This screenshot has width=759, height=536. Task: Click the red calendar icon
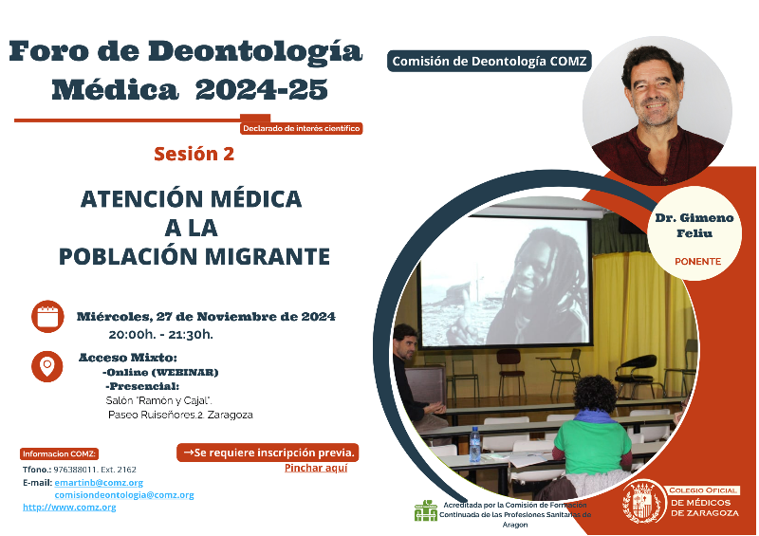[x=47, y=317]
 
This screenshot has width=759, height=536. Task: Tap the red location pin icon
[x=46, y=366]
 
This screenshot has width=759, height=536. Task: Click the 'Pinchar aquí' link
[x=316, y=468]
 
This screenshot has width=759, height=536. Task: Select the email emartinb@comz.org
[x=99, y=483]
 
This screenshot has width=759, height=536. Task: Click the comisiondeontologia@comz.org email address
[x=124, y=495]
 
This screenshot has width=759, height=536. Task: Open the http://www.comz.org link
[x=69, y=508]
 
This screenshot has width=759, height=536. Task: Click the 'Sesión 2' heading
[x=194, y=154]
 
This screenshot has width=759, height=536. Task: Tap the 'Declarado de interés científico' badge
[x=301, y=128]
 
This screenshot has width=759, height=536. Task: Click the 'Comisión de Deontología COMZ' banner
[x=489, y=61]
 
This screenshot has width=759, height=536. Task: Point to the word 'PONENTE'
[x=697, y=262]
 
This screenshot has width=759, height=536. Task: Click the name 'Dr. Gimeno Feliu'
[x=694, y=225]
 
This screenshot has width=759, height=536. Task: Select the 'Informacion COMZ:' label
[x=59, y=453]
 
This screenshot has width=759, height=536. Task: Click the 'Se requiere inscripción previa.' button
[x=268, y=453]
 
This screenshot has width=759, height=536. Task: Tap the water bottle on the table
[x=475, y=444]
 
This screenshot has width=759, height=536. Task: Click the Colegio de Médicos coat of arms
[x=643, y=501]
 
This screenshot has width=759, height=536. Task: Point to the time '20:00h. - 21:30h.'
[x=160, y=335]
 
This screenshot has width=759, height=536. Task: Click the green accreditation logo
[x=425, y=510]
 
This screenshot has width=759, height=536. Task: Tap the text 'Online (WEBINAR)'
[x=160, y=372]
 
